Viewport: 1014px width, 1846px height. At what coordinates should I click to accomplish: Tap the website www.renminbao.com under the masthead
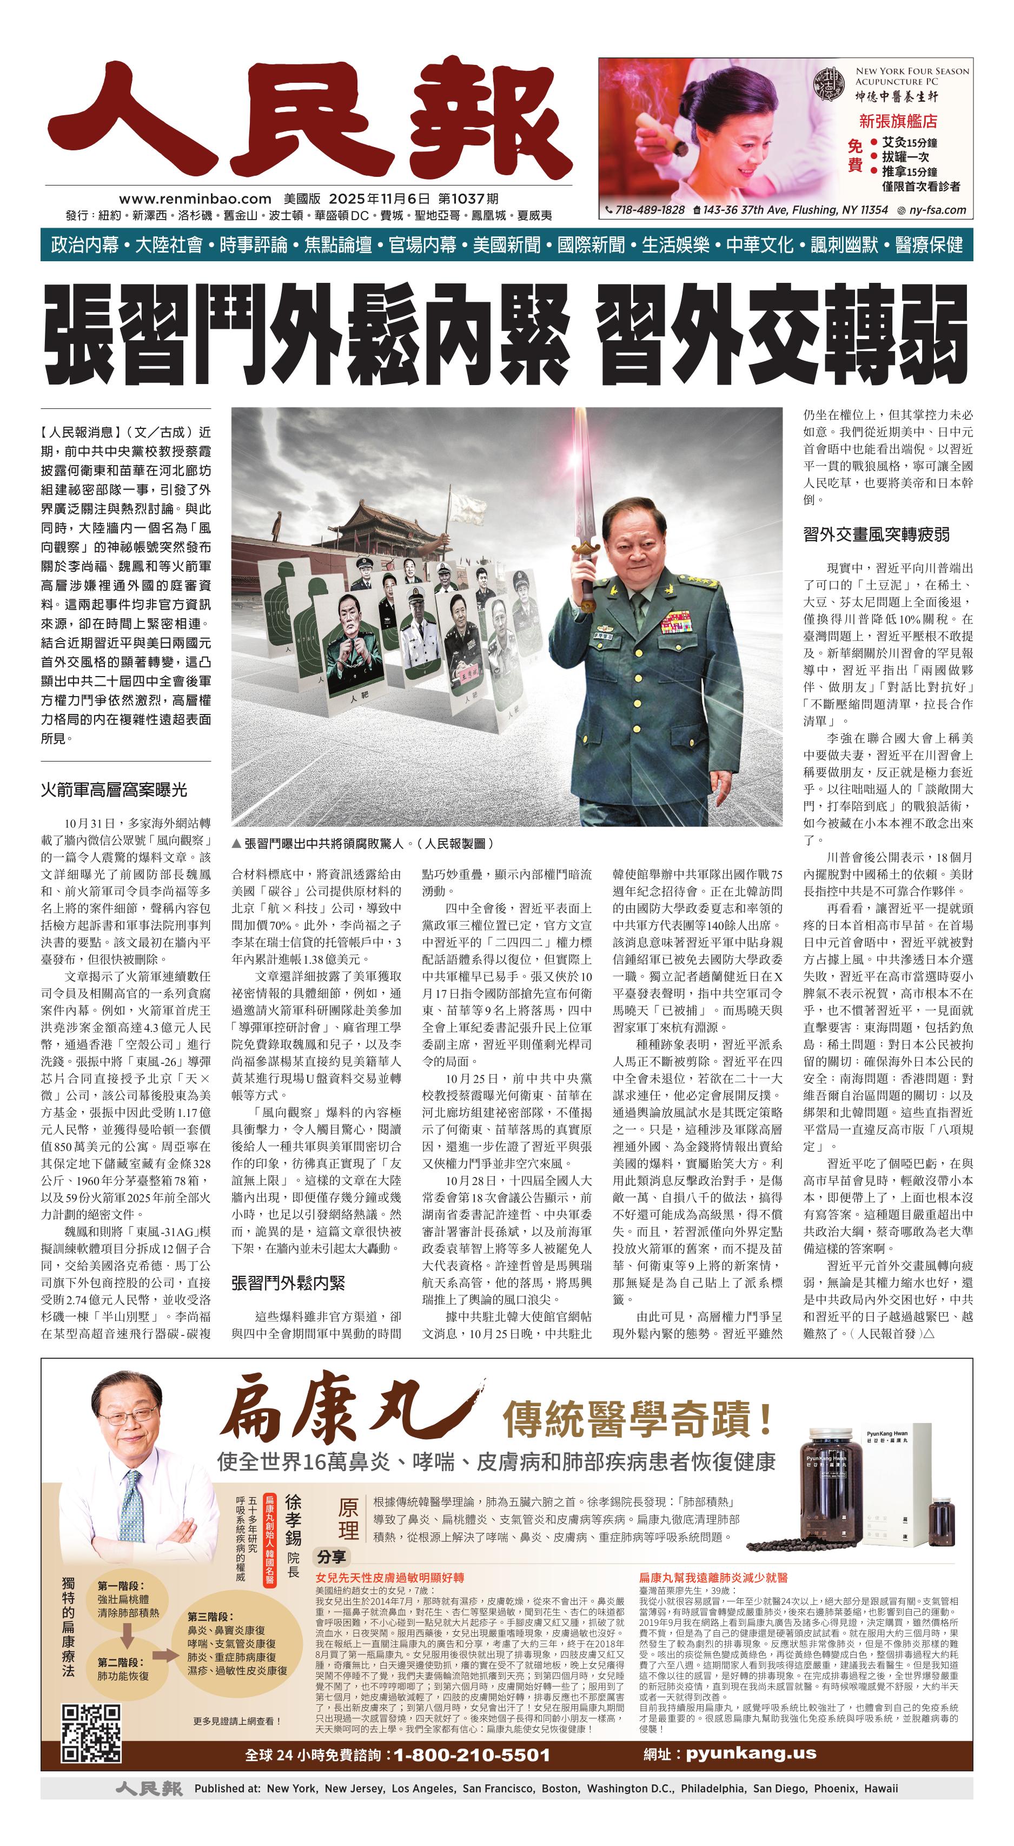coord(195,199)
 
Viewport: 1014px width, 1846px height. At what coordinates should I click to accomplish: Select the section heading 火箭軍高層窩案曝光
coord(114,790)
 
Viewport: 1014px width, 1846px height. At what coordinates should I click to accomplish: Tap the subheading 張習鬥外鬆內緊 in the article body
coord(288,1283)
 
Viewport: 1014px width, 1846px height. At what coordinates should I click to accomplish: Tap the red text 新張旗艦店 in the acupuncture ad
coord(897,121)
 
